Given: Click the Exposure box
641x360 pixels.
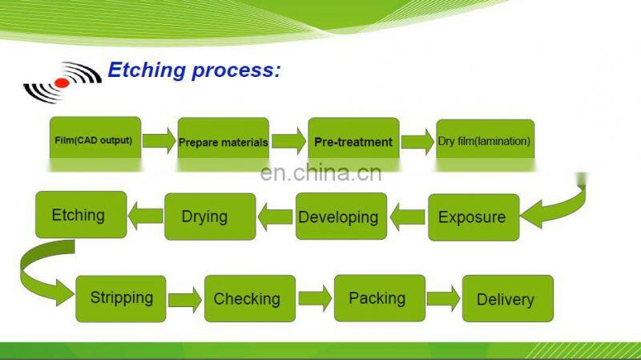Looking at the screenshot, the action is [474, 217].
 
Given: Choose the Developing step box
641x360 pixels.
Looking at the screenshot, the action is [341, 216].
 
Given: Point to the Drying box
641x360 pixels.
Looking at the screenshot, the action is [210, 216].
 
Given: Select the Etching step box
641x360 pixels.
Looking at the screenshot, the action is [81, 215].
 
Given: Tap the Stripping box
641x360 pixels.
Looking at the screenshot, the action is [121, 298].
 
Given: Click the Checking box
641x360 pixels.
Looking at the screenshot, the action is [250, 298].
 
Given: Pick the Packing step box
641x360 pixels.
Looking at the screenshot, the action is [380, 298].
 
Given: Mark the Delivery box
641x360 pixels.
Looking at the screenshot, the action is [508, 298].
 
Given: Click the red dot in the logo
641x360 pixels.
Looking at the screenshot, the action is [62, 83].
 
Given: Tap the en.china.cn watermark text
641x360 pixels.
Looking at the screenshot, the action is [321, 172].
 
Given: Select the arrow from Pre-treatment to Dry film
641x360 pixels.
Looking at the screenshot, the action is [417, 142].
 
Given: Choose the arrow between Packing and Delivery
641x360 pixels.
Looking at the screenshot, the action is [444, 298].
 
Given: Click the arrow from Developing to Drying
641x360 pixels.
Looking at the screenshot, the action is [275, 216].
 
